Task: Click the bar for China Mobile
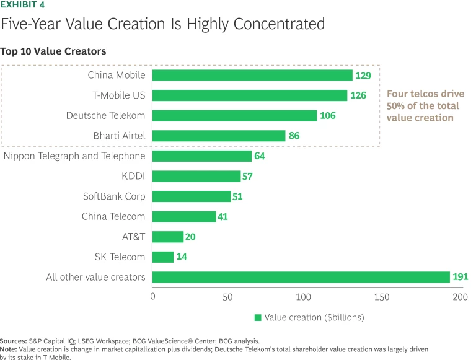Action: click(x=252, y=75)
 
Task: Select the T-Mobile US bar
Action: click(x=250, y=95)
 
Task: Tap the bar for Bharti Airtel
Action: click(x=219, y=136)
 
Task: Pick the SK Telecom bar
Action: click(x=163, y=257)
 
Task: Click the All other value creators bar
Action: click(x=301, y=277)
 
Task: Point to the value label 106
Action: click(x=328, y=116)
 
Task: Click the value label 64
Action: click(x=259, y=156)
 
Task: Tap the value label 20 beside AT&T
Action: click(x=192, y=237)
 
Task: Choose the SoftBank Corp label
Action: click(x=114, y=196)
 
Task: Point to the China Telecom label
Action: click(x=113, y=216)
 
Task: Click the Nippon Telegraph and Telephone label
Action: click(x=74, y=156)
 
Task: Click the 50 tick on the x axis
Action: click(x=227, y=297)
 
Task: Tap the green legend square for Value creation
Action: click(x=258, y=317)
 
